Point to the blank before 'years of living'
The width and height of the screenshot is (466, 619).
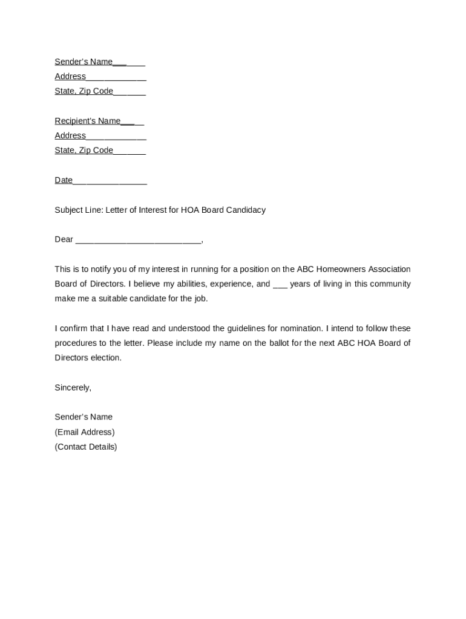click(x=280, y=285)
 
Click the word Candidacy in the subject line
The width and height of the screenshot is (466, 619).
click(x=245, y=210)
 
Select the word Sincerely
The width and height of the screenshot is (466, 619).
click(x=73, y=388)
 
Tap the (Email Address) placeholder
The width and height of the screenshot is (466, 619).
click(x=84, y=432)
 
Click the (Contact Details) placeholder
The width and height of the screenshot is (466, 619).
click(x=86, y=447)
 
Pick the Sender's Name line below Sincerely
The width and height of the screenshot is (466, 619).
click(x=84, y=417)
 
